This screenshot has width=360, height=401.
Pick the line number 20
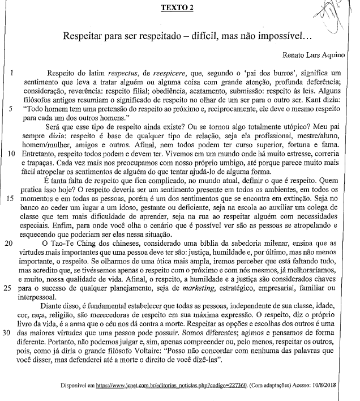(11, 259)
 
